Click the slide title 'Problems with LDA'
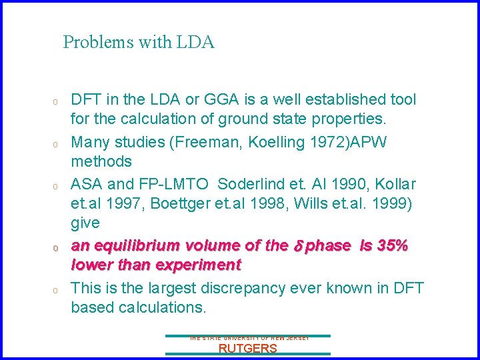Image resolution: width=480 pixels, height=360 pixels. pos(139,43)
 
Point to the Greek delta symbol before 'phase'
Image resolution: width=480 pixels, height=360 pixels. pos(299,245)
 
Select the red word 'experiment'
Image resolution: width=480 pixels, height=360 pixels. pos(197,265)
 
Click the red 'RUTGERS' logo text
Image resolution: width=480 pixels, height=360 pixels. pos(247,348)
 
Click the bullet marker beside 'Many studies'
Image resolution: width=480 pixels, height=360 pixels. pos(57,143)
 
